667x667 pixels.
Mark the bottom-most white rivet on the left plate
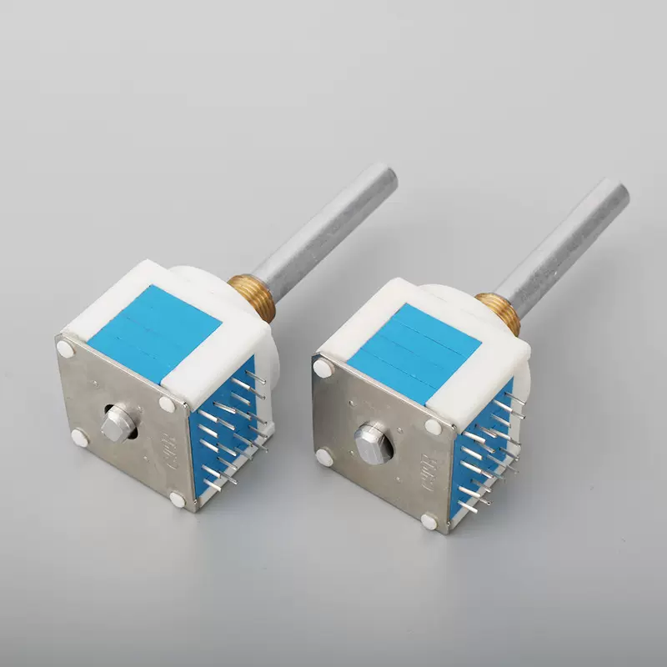click(177, 500)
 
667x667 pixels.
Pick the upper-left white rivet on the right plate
click(321, 366)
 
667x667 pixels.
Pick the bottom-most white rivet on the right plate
click(429, 522)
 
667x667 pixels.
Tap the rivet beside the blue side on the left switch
click(167, 404)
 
